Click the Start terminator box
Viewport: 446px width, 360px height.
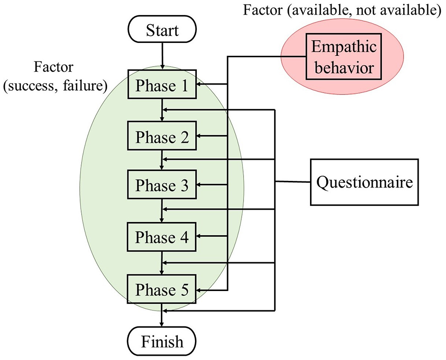coord(162,31)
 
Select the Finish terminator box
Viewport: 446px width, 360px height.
coord(162,341)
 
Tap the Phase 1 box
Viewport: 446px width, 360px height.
coord(162,86)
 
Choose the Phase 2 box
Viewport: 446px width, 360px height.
coord(162,137)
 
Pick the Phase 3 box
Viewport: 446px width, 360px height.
coord(162,186)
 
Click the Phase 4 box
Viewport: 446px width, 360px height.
coord(162,237)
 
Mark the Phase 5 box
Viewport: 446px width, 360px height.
coord(162,290)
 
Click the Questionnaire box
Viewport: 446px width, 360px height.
coord(364,182)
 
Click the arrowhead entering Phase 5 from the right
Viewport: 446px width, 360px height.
coord(200,290)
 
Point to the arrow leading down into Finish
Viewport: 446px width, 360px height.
coord(162,319)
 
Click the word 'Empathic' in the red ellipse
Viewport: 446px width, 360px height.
coord(344,48)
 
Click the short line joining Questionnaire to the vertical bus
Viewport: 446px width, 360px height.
coord(293,182)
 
